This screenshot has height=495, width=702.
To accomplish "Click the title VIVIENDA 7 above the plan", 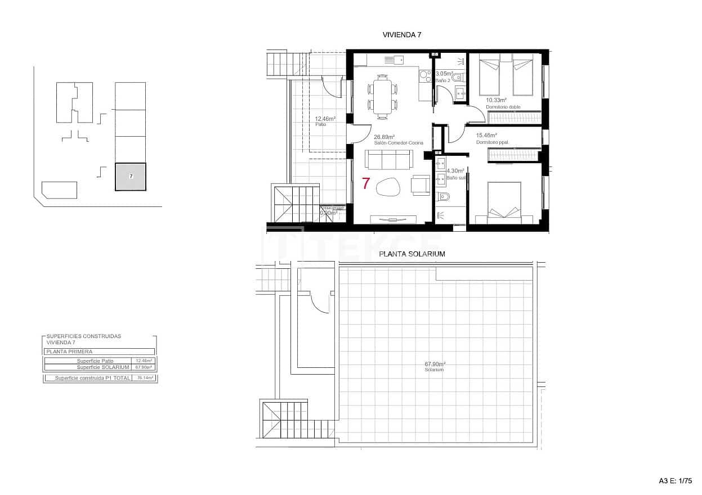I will point(402,35).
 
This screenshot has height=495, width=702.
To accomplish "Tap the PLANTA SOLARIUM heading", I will point(412,254).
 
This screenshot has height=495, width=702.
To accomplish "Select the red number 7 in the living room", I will point(366,183).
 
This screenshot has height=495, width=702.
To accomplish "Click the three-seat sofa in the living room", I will point(388,160).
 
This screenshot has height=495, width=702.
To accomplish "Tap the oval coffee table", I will point(387,186).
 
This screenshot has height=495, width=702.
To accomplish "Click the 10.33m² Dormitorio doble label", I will point(503,103).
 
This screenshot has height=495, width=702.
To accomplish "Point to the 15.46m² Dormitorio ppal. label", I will point(492,138).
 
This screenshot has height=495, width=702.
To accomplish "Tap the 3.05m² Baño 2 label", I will point(444,76).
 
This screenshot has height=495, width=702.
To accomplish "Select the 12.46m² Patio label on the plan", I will point(325,121).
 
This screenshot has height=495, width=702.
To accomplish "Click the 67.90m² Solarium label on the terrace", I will point(435,366).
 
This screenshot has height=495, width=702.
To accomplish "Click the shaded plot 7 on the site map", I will point(131,177).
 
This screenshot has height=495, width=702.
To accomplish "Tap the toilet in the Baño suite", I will point(443,197).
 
